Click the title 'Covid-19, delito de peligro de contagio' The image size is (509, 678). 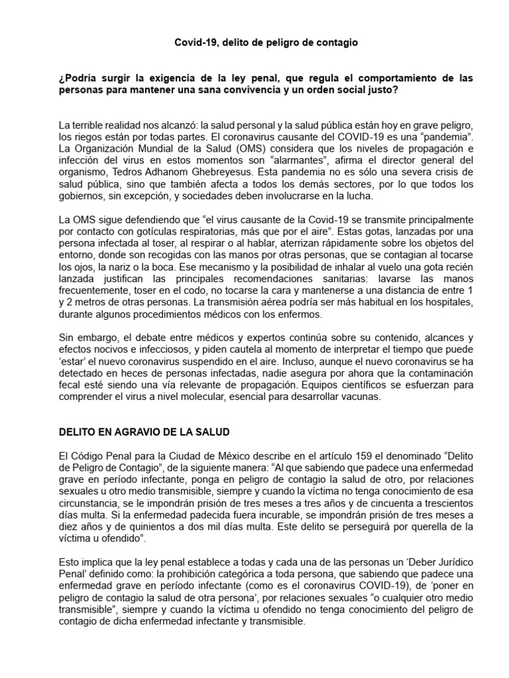(x=266, y=42)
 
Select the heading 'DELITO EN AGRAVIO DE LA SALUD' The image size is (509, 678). (x=144, y=432)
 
